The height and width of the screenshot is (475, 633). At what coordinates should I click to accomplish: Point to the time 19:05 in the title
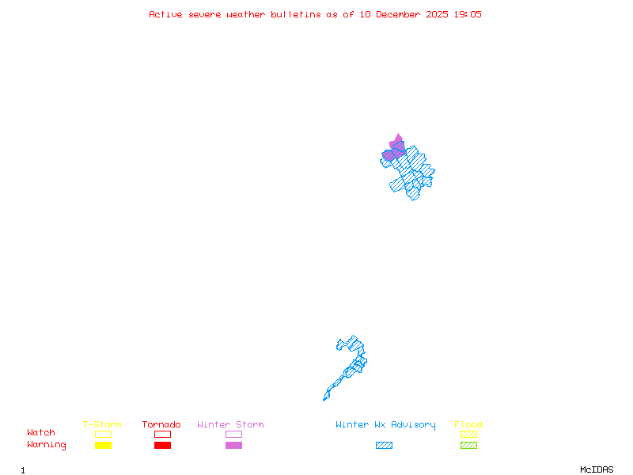[467, 14]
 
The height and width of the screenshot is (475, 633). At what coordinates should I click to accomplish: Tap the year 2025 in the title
[436, 14]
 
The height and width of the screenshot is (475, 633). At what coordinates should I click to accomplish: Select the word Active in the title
[166, 14]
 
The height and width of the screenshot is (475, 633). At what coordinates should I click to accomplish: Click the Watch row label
[41, 433]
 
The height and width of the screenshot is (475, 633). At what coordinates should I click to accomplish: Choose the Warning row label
[46, 445]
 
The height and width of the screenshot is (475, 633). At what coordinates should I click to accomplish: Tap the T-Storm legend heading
[102, 425]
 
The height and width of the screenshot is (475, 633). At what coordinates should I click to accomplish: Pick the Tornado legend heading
[161, 425]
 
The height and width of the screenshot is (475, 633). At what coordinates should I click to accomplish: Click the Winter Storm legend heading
[230, 425]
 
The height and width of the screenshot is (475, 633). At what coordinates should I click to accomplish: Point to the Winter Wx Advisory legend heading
[385, 425]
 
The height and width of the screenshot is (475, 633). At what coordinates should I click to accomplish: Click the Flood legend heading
[468, 425]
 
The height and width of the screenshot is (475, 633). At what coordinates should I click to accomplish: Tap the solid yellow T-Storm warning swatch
[103, 446]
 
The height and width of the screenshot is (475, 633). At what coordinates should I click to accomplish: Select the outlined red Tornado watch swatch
[162, 434]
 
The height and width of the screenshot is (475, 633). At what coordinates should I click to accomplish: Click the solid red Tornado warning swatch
[162, 446]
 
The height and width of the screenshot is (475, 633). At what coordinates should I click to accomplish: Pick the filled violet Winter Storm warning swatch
[233, 446]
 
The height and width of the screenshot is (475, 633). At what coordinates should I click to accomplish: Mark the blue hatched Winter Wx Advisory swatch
[384, 446]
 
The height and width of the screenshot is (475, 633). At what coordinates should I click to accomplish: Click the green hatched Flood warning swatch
[468, 446]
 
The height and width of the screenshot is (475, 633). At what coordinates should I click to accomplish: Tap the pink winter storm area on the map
[396, 145]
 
